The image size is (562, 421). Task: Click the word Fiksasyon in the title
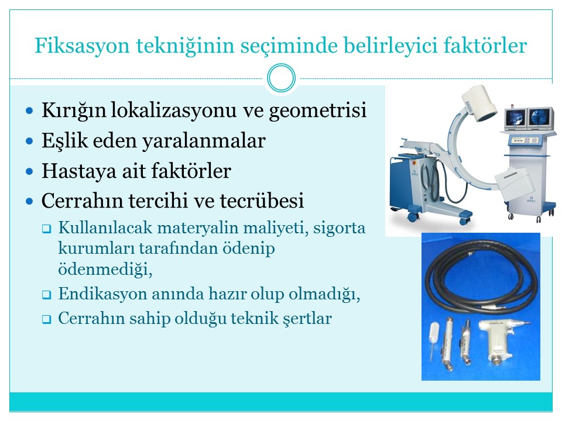point(82,46)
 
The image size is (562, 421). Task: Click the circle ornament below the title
point(282,78)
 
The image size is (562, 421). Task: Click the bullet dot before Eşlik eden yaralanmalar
point(30,141)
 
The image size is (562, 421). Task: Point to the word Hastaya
point(79,171)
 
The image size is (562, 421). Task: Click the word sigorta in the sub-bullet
point(339,228)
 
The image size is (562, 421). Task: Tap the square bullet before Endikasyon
point(46,295)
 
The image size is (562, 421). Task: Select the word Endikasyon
point(102,294)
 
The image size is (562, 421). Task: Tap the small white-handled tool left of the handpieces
point(435,339)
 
